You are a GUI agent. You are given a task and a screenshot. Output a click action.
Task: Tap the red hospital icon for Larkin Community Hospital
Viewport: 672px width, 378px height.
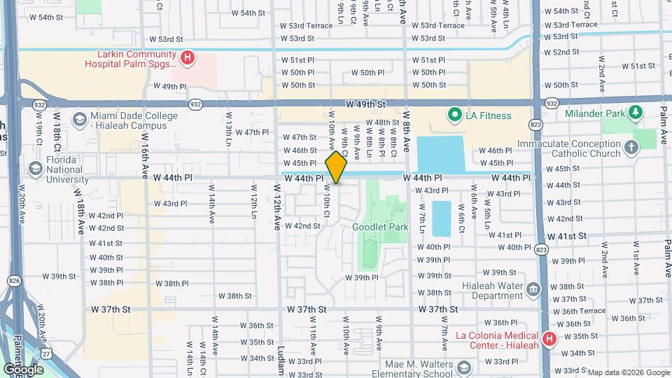pos(187,59)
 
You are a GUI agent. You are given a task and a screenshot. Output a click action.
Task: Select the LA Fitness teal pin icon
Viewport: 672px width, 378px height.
pos(454,115)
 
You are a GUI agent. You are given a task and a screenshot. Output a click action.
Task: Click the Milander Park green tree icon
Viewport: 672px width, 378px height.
pos(636,111)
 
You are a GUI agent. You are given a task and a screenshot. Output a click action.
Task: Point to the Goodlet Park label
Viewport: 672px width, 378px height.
pos(380,227)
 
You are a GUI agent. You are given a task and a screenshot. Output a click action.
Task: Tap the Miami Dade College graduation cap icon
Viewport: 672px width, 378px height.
pos(78,120)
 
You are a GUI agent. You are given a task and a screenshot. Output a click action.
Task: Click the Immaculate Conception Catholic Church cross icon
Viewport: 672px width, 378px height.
pos(631,148)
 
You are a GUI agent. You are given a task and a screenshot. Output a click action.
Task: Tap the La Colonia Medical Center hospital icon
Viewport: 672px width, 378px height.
pos(549,339)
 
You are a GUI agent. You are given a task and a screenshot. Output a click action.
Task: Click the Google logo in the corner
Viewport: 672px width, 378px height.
pos(23,369)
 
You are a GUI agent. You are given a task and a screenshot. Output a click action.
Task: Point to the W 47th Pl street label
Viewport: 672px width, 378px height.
pos(252,132)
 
